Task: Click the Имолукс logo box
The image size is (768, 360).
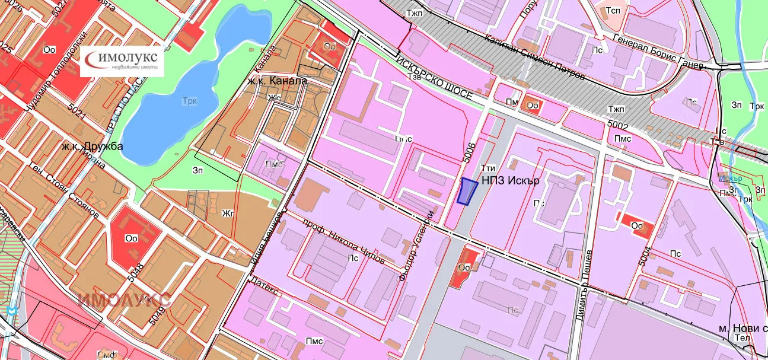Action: pos(122,60)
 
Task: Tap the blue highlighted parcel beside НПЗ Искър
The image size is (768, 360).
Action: pos(468,192)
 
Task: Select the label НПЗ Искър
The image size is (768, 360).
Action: pos(510,181)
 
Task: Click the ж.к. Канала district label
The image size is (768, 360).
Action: pos(278,80)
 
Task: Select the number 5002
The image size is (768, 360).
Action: pos(617,126)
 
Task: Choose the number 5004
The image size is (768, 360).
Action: pos(645,259)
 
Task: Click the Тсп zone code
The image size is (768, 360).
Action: pos(613,11)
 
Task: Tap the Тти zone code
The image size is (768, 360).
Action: pos(487,168)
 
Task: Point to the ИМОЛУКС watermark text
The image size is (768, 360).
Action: pos(125,300)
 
